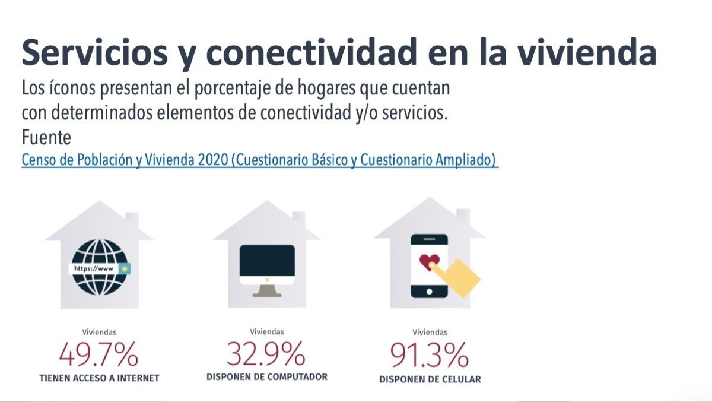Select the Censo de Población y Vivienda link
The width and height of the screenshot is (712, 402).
pyautogui.click(x=259, y=160)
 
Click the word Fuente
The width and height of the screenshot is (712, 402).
pyautogui.click(x=46, y=137)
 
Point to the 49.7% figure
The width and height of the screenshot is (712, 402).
pyautogui.click(x=99, y=356)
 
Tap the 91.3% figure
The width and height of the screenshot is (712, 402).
pyautogui.click(x=429, y=355)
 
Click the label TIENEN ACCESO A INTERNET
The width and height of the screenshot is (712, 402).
pyautogui.click(x=99, y=378)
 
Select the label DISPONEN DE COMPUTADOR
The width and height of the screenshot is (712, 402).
pyautogui.click(x=267, y=376)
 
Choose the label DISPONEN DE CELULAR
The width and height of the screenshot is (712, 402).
pyautogui.click(x=430, y=379)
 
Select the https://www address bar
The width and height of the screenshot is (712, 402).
pyautogui.click(x=95, y=268)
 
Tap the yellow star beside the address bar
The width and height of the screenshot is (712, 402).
pyautogui.click(x=124, y=268)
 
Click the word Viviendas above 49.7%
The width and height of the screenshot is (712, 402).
pyautogui.click(x=99, y=333)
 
